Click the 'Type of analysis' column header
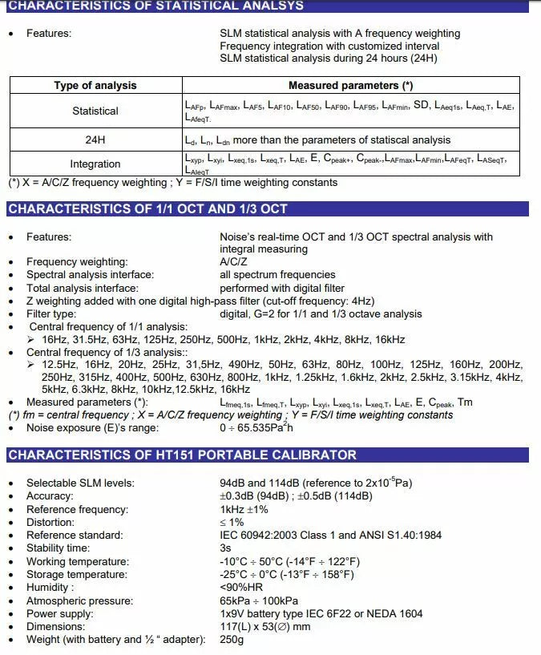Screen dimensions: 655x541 (x=95, y=86)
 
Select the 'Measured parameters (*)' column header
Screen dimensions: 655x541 (x=350, y=86)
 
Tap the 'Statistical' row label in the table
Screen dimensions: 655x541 (x=95, y=111)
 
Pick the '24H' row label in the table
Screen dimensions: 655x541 (x=95, y=139)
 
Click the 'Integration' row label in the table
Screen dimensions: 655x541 (x=95, y=164)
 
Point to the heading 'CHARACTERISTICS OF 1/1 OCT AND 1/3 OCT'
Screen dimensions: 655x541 (x=147, y=209)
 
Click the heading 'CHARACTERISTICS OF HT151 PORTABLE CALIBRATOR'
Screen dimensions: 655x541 (x=182, y=455)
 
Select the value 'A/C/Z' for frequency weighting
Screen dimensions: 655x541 (x=235, y=262)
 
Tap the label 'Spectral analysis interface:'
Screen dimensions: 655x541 (x=90, y=275)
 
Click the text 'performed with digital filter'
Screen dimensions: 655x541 (x=282, y=288)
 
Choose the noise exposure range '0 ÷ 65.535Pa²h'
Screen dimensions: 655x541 (x=256, y=428)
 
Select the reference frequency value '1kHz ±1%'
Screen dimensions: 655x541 (x=244, y=509)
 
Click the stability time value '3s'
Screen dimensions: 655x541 (x=225, y=548)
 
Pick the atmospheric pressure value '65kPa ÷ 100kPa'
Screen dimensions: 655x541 (x=259, y=600)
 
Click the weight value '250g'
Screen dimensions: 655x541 (x=231, y=640)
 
